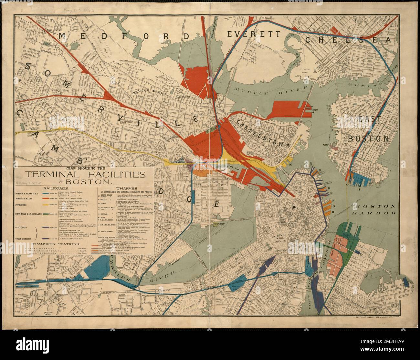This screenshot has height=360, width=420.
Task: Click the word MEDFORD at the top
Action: pos(124,36)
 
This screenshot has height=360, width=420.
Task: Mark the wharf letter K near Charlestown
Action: pos(290,165)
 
